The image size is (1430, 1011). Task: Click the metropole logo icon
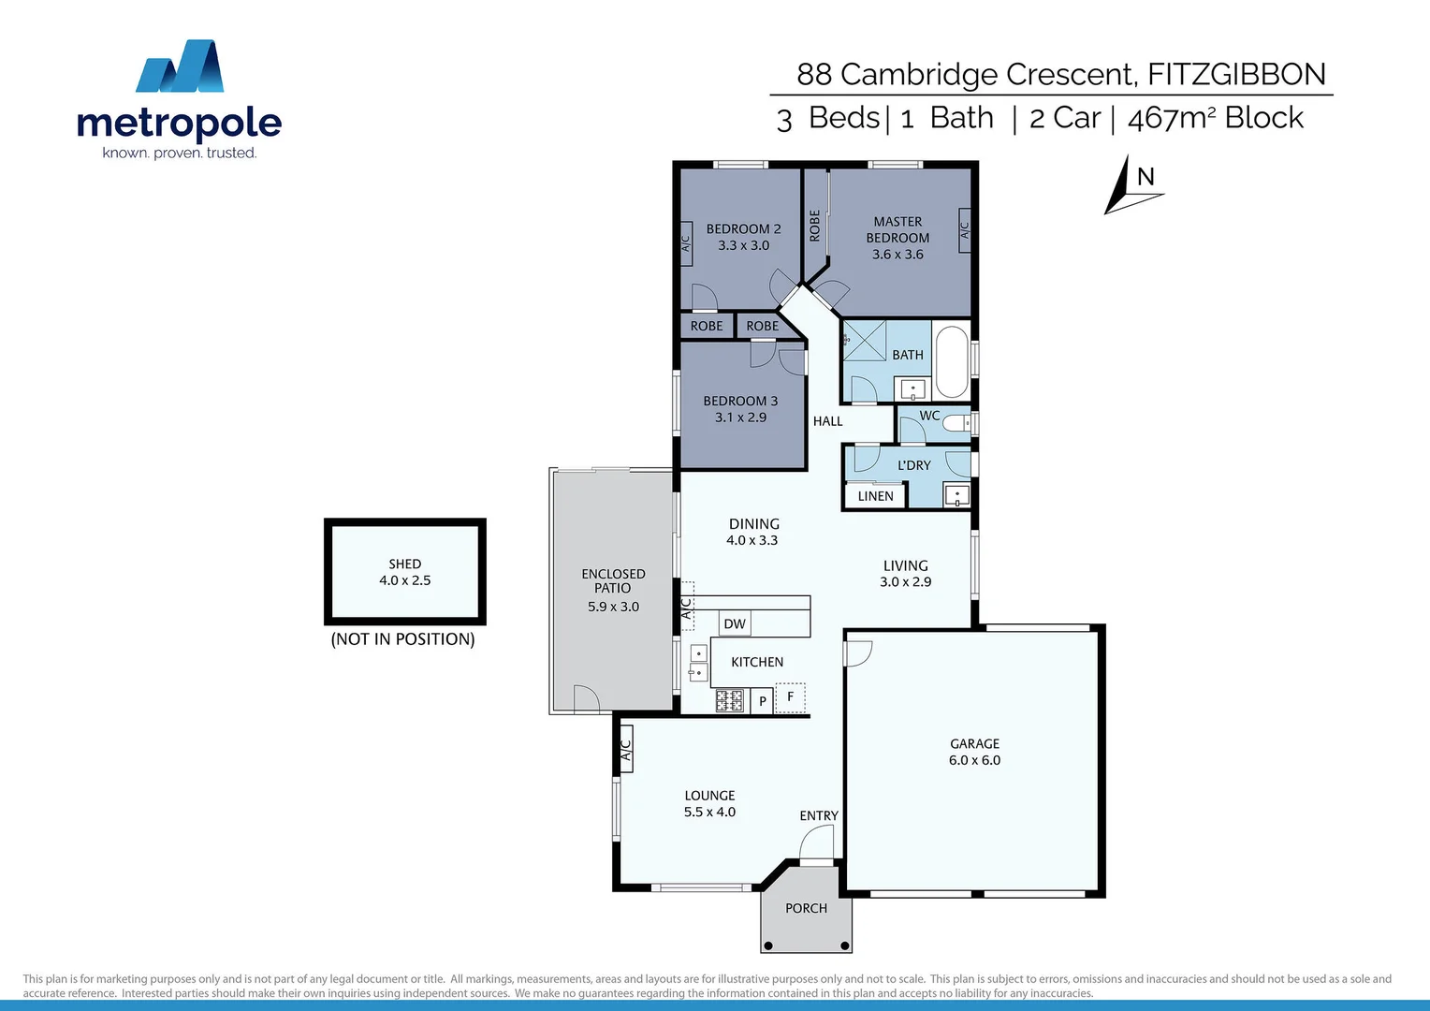[180, 66]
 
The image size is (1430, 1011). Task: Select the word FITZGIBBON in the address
[1236, 74]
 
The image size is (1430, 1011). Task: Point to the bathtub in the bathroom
[952, 362]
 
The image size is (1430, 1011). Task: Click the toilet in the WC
[957, 423]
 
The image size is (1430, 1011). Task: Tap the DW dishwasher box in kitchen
[735, 623]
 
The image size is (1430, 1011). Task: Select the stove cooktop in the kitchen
[729, 700]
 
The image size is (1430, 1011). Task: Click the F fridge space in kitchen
[791, 697]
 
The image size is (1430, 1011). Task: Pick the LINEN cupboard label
[875, 496]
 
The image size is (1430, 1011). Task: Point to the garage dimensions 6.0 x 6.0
[974, 760]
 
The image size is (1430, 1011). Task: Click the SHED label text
[405, 564]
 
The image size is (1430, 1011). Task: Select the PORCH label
[806, 908]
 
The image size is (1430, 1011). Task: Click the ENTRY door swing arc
[815, 842]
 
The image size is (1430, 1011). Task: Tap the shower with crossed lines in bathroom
[864, 341]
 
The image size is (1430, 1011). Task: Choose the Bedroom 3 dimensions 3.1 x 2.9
[740, 418]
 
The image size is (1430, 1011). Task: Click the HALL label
[827, 421]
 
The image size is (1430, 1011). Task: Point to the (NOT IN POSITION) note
[402, 639]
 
